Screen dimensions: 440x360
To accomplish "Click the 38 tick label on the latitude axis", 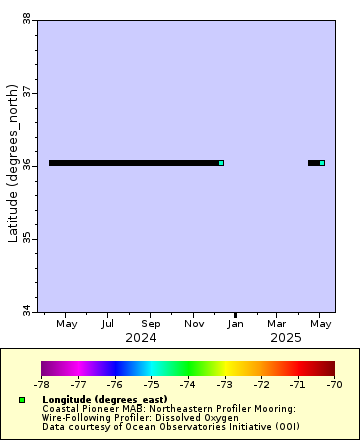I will (x=26, y=18).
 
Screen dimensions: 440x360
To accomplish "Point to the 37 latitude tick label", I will (x=26, y=92).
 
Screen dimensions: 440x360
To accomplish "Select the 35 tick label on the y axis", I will (x=26, y=238).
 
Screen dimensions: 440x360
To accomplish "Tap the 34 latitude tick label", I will (x=26, y=311).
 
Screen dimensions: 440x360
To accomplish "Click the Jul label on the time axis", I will (x=107, y=324).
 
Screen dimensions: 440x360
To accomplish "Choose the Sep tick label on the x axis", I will (x=151, y=324).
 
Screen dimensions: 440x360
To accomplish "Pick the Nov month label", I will (x=194, y=324).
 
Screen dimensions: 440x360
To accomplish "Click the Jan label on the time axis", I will (x=236, y=324).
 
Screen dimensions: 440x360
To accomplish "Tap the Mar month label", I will (x=278, y=324).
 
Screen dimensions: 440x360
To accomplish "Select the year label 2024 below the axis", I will (x=140, y=338).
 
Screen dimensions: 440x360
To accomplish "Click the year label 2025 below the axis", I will (x=286, y=338).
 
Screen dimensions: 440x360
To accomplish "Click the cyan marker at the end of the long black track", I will (x=221, y=163).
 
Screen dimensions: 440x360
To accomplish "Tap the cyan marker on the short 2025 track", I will (x=322, y=163).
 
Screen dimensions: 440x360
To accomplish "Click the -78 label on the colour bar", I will (x=42, y=384).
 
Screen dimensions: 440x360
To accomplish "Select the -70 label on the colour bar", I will (x=334, y=384).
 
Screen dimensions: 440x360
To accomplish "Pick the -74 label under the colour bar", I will (x=188, y=384).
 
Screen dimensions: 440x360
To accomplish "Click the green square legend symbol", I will (x=21, y=400).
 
